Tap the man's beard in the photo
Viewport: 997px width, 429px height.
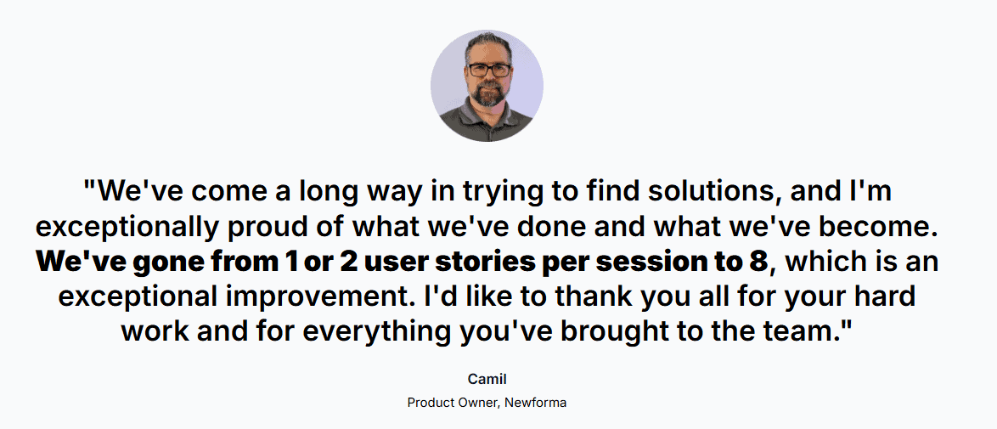(x=487, y=93)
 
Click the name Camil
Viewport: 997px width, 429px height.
(x=487, y=379)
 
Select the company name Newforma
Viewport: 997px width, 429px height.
(x=535, y=402)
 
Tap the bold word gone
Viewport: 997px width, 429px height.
(x=177, y=262)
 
